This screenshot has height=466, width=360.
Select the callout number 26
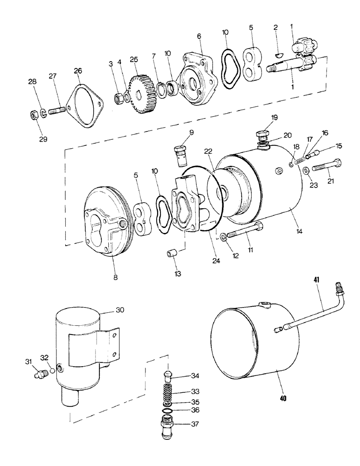pyautogui.click(x=78, y=71)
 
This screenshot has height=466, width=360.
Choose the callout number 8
pyautogui.click(x=115, y=278)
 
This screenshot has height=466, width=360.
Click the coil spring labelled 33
pyautogui.click(x=170, y=387)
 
